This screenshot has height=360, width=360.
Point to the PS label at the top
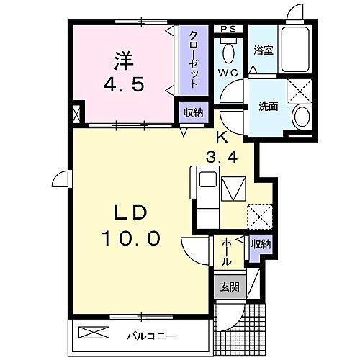pos(229,29)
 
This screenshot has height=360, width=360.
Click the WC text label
pos(229,72)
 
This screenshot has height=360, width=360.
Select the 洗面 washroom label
pos(268,107)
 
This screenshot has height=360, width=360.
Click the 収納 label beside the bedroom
pos(192,113)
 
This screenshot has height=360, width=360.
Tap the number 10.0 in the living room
pos(131,238)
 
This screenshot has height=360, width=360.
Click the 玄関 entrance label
pos(229,287)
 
